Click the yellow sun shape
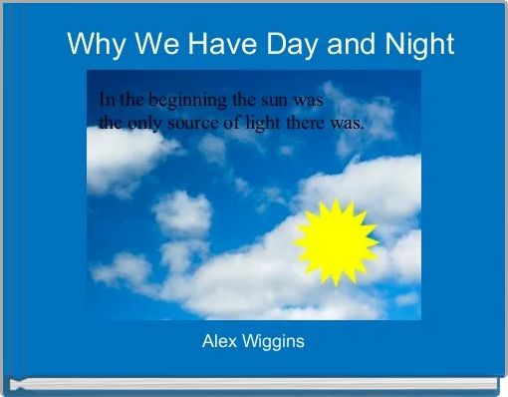click(x=336, y=240)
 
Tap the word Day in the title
click(x=308, y=45)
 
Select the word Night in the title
click(x=418, y=45)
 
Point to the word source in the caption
click(x=200, y=125)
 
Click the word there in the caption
click(x=315, y=125)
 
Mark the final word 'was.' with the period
click(x=351, y=125)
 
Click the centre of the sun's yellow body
click(x=336, y=240)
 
